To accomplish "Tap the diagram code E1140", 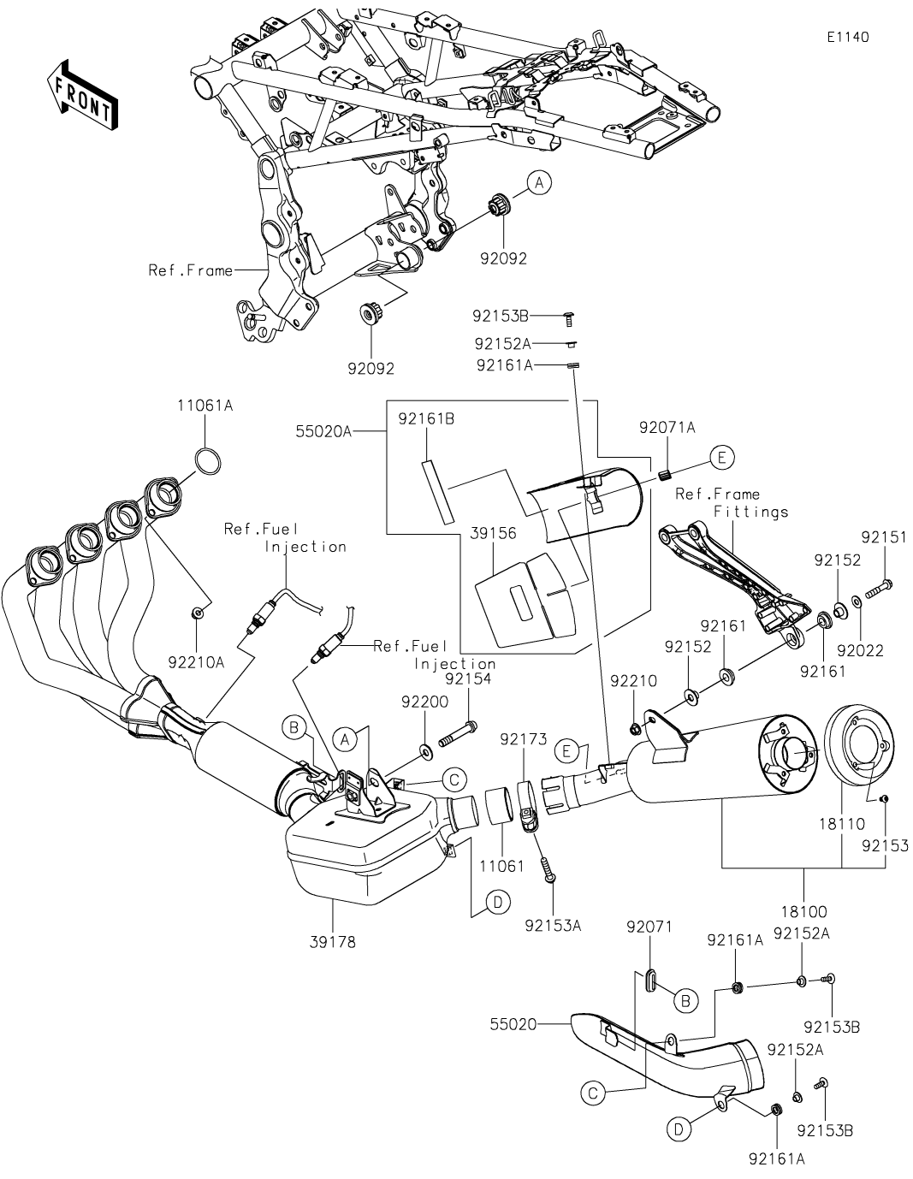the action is pyautogui.click(x=848, y=37).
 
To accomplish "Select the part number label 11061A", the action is pyautogui.click(x=205, y=406).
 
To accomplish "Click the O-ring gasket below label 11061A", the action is pyautogui.click(x=208, y=461).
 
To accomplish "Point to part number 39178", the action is pyautogui.click(x=333, y=943).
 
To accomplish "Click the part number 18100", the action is pyautogui.click(x=804, y=911).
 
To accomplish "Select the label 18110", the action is pyautogui.click(x=842, y=824).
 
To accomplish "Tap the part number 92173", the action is pyautogui.click(x=524, y=738).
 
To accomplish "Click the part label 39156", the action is pyautogui.click(x=493, y=533).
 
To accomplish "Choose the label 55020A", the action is pyautogui.click(x=323, y=431).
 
